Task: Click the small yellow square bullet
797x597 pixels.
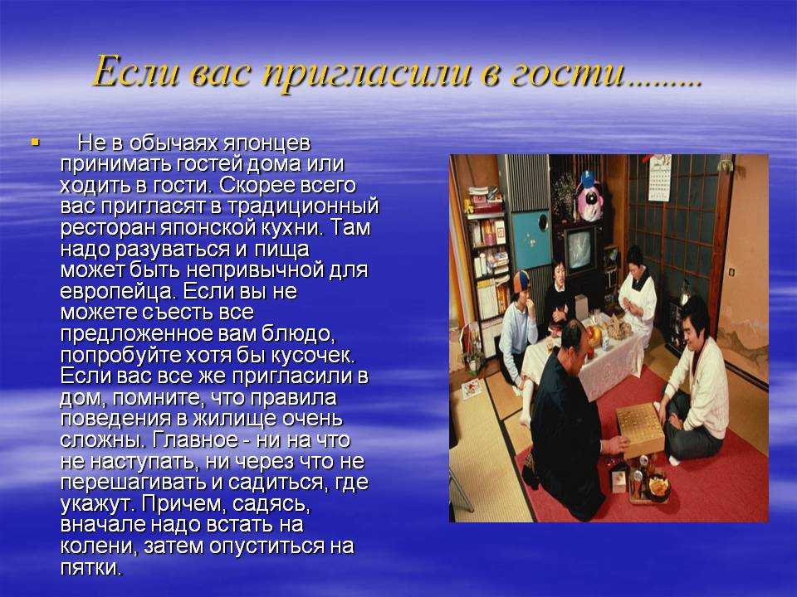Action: coord(35,142)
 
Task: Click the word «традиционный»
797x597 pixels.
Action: coord(302,206)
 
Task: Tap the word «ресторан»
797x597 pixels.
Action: coord(108,228)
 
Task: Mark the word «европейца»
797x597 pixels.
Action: coord(119,292)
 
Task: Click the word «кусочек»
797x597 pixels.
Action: coord(311,355)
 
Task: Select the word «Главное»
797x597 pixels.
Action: coord(194,439)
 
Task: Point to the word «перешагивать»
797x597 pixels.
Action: coord(134,483)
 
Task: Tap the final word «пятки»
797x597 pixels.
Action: coord(91,567)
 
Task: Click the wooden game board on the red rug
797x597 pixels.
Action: coord(639,429)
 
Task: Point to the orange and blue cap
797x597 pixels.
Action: coord(520,281)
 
